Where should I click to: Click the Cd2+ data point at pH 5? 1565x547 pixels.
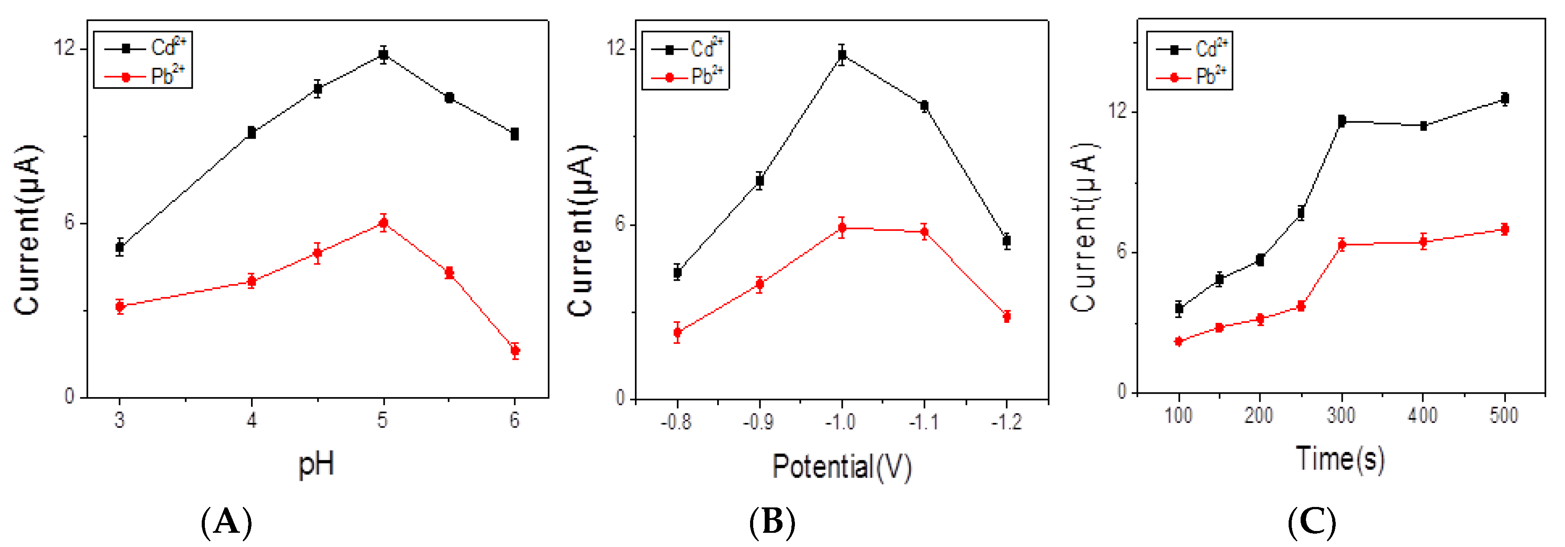[383, 55]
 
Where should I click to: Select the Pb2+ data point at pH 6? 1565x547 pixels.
[515, 350]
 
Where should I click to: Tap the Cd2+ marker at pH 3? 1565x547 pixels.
[120, 247]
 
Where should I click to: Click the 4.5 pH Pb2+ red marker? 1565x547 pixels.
[317, 253]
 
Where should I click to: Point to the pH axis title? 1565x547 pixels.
[316, 465]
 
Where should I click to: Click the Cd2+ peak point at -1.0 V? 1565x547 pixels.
[842, 55]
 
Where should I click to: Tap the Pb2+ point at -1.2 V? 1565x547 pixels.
[1007, 316]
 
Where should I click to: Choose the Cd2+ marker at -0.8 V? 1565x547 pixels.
[677, 272]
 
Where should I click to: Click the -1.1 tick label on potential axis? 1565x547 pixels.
[923, 421]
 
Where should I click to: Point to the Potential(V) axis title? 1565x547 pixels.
[842, 467]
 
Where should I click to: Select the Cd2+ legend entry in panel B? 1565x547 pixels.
[687, 48]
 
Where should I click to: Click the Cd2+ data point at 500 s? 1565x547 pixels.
[1504, 98]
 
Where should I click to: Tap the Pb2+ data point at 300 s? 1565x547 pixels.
[1341, 245]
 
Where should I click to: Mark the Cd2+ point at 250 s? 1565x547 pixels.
[1301, 213]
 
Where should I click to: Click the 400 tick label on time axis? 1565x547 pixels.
[1422, 416]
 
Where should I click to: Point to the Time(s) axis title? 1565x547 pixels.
[1340, 459]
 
